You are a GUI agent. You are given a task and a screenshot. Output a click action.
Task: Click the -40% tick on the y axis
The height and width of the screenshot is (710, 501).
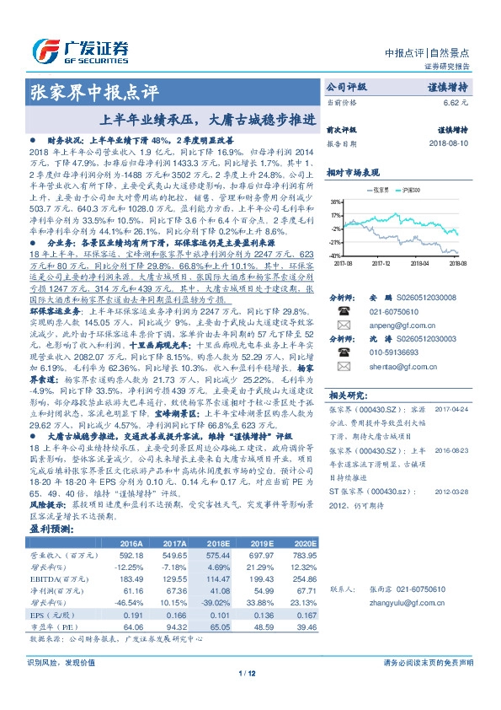point(335,255)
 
